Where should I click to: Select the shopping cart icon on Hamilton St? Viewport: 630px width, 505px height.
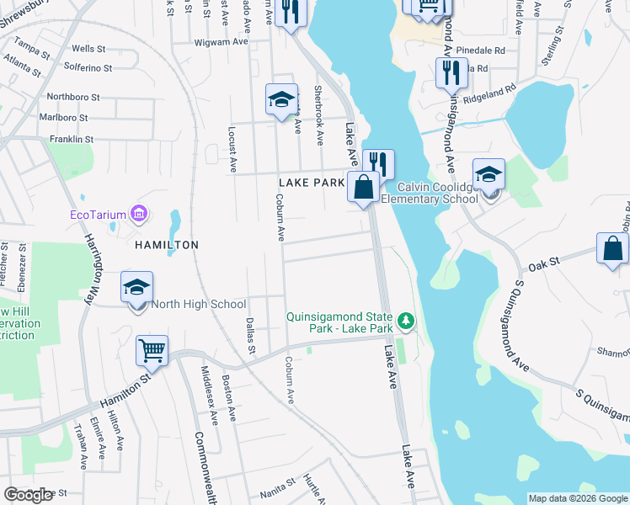point(152,349)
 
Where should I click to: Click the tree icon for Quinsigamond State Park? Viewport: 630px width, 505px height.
point(406,320)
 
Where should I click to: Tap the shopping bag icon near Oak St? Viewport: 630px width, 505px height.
point(612,249)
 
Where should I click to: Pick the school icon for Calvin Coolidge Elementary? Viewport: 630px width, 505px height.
point(489,174)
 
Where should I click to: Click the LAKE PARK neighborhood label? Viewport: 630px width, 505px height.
point(312,182)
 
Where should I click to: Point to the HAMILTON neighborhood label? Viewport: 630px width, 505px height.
point(166,245)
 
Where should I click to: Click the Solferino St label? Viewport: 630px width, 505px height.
point(74,66)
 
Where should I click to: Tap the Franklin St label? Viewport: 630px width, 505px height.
point(71,139)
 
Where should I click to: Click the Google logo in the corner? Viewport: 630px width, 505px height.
point(29,495)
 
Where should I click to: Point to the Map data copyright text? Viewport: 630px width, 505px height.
point(577,498)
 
